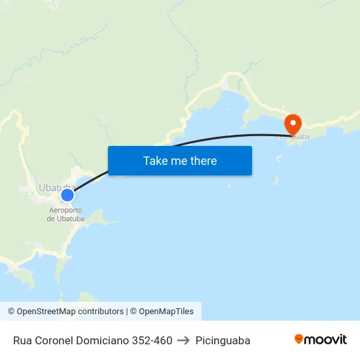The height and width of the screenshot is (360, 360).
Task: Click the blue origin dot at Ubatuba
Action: (x=67, y=194)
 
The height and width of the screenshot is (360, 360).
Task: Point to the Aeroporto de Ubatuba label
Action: (x=65, y=214)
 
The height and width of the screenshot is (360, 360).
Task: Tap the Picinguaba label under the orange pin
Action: (x=292, y=137)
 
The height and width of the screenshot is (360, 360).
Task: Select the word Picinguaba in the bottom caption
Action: (x=223, y=340)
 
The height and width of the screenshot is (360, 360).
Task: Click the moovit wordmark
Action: (x=326, y=339)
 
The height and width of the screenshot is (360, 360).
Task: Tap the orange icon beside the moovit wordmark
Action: (x=299, y=339)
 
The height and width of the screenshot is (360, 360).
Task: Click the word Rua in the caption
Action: (x=22, y=340)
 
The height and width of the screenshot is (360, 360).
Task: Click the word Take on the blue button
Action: (x=155, y=160)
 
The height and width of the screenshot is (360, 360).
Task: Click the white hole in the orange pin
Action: (x=293, y=121)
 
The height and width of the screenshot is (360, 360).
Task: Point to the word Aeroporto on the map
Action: (x=65, y=210)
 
